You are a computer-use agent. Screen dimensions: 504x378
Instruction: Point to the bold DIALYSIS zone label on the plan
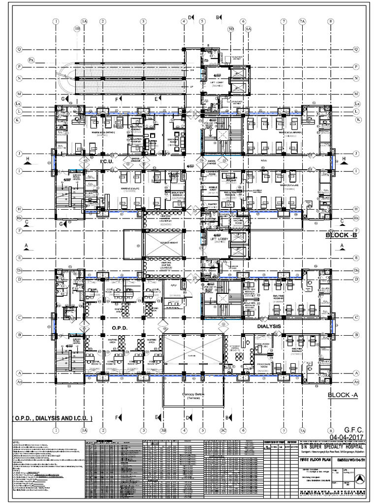269,326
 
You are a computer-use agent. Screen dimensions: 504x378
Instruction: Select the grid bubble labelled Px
32,60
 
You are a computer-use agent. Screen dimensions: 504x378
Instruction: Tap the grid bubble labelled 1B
77,29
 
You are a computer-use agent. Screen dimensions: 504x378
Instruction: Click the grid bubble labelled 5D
231,29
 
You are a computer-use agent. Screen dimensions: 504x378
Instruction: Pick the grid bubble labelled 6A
249,29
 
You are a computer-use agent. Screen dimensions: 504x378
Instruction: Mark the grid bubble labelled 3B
162,432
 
